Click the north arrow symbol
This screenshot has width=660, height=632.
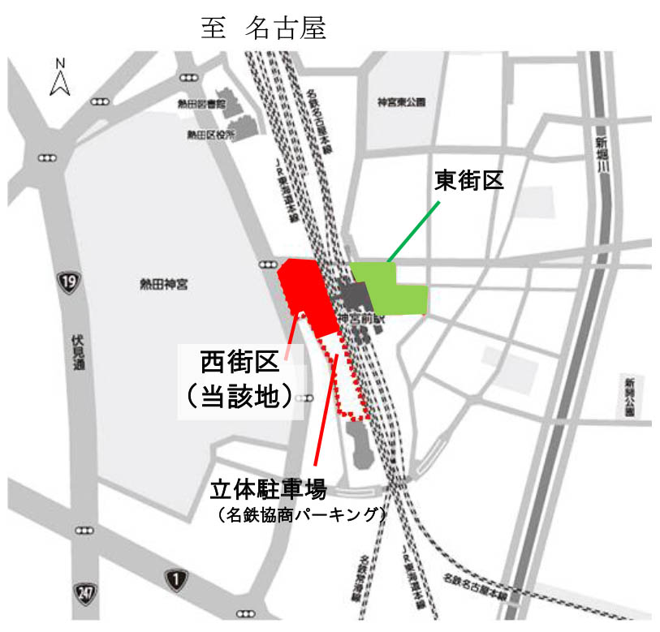click(58, 76)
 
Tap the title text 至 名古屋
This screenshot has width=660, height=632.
click(264, 28)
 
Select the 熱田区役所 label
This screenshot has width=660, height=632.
click(210, 135)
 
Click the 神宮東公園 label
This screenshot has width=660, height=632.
click(403, 103)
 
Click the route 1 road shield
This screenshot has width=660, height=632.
click(174, 578)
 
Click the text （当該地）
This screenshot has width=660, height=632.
click(240, 397)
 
